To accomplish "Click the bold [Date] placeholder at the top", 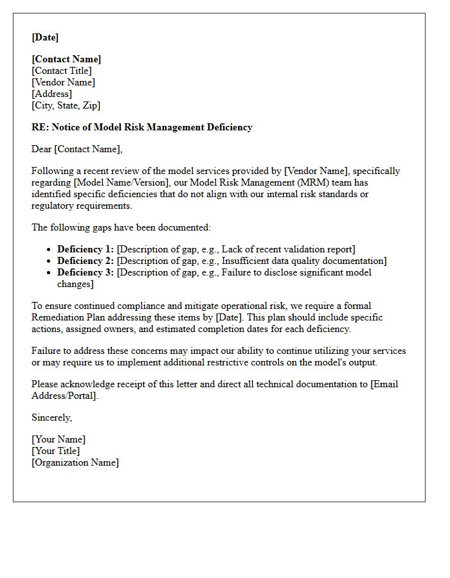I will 45,37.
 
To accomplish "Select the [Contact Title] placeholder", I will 62,71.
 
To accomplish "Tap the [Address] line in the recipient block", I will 51,94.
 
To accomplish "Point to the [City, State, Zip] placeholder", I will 66,105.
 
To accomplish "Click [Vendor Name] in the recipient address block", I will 63,82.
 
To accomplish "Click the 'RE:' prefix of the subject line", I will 40,127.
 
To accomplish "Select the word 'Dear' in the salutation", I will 41,149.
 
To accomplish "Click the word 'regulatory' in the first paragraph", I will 53,206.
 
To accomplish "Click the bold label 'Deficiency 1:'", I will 85,249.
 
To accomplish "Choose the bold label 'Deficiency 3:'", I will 85,272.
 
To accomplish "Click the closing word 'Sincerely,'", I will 51,417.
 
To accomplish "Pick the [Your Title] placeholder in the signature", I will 56,451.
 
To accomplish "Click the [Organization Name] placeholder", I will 75,462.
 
